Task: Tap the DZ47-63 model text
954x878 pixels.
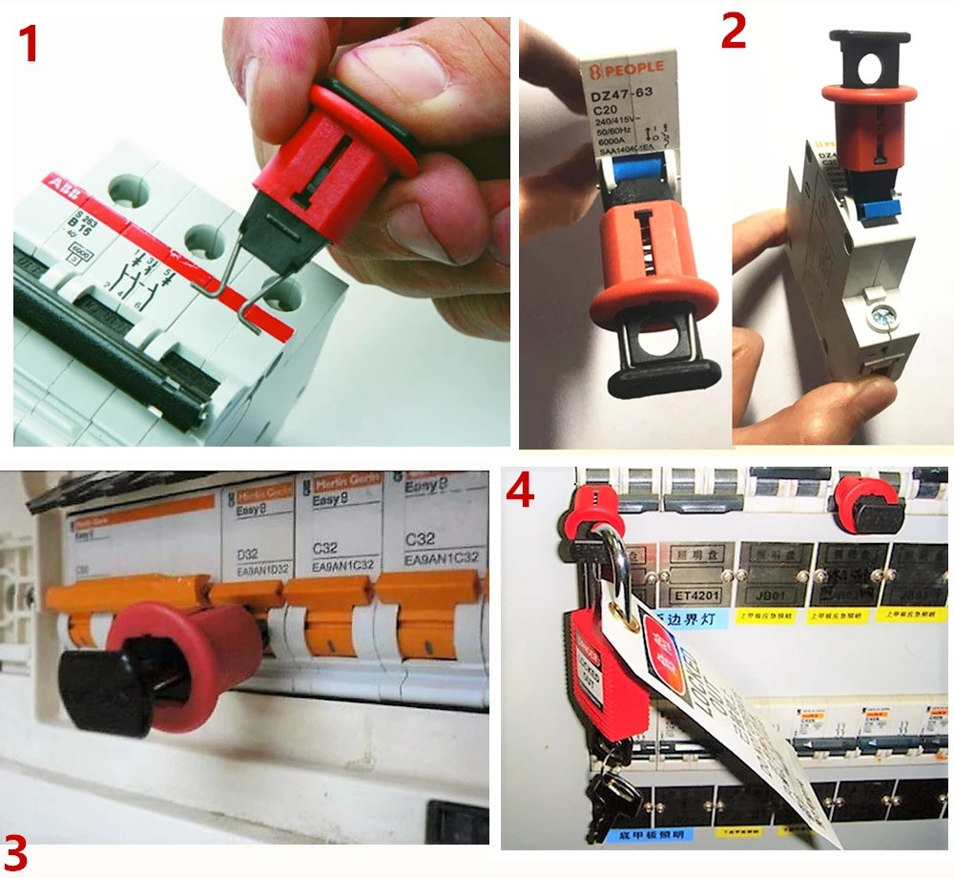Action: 620,95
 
